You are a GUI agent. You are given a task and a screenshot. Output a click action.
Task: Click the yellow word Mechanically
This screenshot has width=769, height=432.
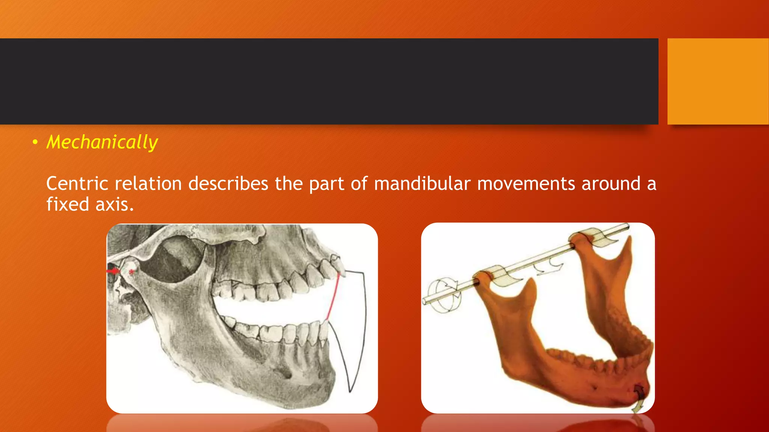(x=102, y=142)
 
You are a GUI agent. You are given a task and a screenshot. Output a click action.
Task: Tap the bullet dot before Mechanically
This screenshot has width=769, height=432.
(x=35, y=142)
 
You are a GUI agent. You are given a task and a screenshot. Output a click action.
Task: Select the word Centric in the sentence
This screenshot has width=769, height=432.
(x=77, y=184)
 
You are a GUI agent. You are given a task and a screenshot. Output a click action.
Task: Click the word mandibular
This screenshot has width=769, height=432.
(x=422, y=184)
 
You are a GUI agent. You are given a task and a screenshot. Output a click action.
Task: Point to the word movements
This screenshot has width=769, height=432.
(x=526, y=184)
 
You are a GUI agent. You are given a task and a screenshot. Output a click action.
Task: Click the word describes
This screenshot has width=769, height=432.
(x=228, y=184)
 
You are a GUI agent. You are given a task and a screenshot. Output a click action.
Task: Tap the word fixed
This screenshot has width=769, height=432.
(x=68, y=205)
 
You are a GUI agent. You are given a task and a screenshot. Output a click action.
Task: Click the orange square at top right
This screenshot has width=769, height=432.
(x=718, y=81)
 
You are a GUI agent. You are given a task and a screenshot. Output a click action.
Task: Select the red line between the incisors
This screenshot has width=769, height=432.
(x=333, y=296)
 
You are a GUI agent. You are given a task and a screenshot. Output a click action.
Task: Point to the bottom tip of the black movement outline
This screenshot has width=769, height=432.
(x=350, y=391)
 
